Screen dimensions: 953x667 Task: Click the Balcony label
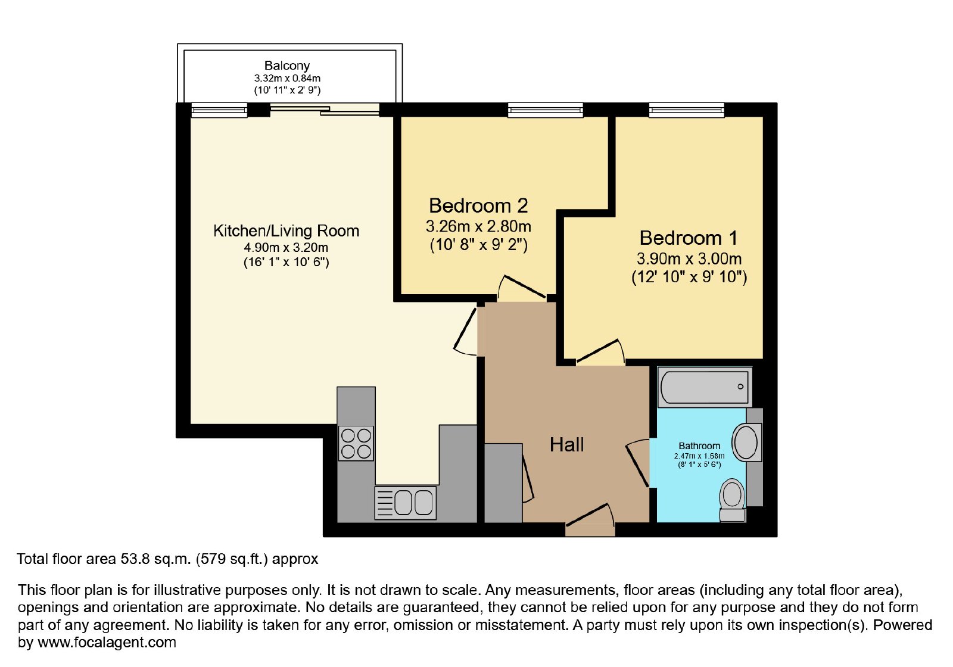[x=286, y=66]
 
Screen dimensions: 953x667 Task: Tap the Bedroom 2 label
[x=478, y=206]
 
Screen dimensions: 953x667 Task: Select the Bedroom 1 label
[x=689, y=238]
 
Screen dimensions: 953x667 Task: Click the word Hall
[x=566, y=445]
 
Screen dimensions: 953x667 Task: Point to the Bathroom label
[x=699, y=446]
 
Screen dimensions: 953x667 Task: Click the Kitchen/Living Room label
[x=286, y=231]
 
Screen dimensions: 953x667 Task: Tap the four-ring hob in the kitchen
[x=356, y=443]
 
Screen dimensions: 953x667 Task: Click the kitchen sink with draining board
[x=406, y=503]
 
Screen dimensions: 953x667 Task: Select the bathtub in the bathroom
[x=705, y=387]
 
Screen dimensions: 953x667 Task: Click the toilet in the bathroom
[x=732, y=500]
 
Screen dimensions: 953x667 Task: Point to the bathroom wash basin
[x=745, y=442]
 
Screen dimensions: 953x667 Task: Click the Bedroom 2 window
[x=545, y=110]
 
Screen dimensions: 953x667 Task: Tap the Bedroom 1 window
[x=686, y=110]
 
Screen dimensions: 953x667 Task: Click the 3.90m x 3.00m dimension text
[x=689, y=258]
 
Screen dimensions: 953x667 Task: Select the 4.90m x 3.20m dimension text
[x=286, y=248]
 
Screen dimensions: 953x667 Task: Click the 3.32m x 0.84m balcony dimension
[x=287, y=78]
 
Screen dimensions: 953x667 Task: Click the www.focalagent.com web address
[x=107, y=642]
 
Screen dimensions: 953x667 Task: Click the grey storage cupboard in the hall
[x=503, y=483]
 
